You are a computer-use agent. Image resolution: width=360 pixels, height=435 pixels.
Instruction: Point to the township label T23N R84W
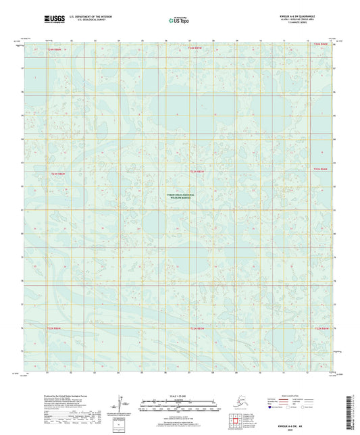coord(321,169)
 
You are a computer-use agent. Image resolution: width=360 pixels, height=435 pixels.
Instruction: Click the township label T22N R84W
coord(322,329)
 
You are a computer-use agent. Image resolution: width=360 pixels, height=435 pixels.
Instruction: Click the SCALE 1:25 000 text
coord(180,396)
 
